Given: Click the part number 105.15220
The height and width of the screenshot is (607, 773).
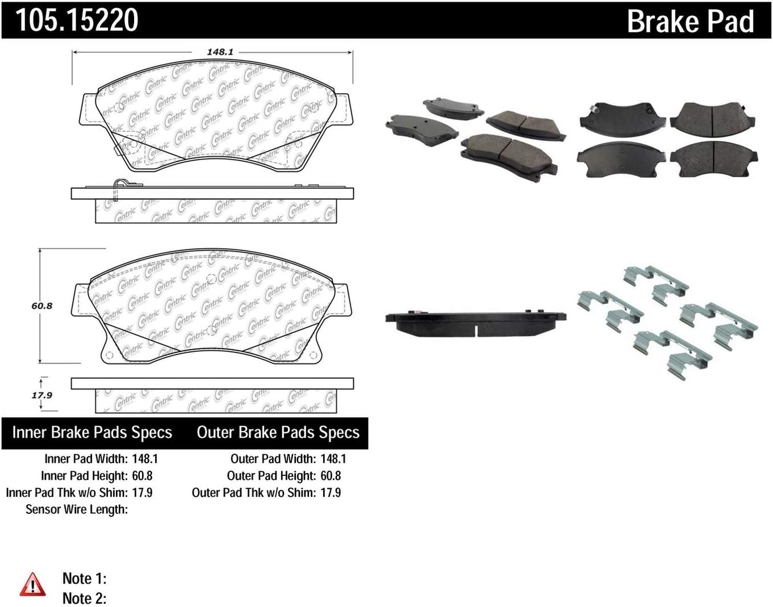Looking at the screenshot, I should pos(77,20).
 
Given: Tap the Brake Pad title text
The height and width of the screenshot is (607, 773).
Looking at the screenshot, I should pos(690,22).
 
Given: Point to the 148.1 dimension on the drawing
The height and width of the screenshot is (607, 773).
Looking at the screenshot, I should pos(220,52).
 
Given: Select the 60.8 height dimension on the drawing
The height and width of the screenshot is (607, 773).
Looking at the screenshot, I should pos(41,305).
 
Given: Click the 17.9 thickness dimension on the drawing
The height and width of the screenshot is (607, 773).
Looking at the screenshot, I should pos(41,395).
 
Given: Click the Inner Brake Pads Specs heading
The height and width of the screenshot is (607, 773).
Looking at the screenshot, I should pos(92,433).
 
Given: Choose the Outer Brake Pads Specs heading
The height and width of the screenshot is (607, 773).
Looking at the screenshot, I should pos(278,433).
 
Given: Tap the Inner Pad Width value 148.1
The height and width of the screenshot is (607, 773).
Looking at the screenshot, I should pos(145,459).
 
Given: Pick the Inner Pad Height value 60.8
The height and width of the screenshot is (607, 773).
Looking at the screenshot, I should pos(142,476).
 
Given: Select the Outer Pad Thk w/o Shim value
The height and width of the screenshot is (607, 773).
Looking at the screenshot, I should pos(331,493).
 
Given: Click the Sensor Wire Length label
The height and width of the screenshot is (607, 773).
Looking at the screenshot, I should pos(77,509).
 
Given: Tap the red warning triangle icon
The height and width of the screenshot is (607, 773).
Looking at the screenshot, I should pos(32,584).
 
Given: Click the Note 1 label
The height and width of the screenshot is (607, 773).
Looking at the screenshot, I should pos(84,579).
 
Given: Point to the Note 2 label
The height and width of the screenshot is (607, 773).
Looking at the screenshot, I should pos(84,598).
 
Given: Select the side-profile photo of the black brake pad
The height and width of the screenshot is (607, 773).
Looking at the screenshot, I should pos(475,322).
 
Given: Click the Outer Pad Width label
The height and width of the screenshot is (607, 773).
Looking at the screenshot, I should pos(273,459).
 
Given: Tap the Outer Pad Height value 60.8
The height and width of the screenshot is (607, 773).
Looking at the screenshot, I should pos(331,476).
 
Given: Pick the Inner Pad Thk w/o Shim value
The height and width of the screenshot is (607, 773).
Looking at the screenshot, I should pos(142,493).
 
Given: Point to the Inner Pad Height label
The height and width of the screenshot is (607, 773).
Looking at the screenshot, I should pos(84,476).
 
